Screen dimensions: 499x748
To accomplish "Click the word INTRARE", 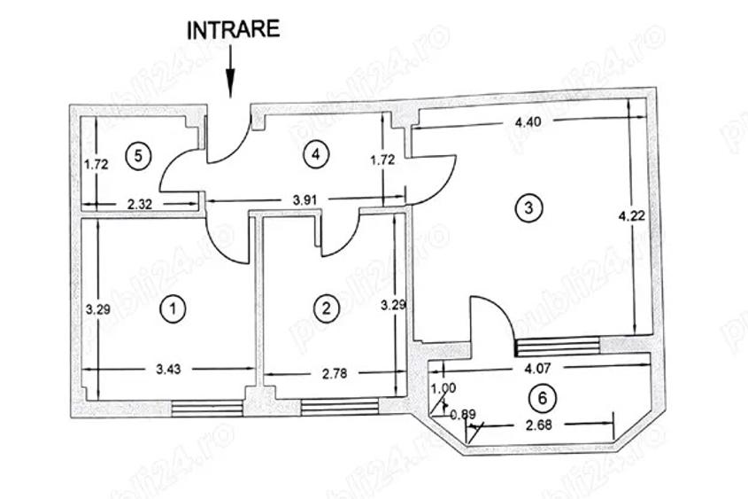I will [233, 28].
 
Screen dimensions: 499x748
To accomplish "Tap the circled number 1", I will [174, 308].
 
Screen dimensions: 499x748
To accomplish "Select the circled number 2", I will [327, 308].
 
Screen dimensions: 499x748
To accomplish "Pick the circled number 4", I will [312, 153].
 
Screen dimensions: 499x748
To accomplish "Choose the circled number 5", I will [135, 156].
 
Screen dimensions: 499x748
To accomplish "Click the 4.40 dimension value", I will [528, 122].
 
